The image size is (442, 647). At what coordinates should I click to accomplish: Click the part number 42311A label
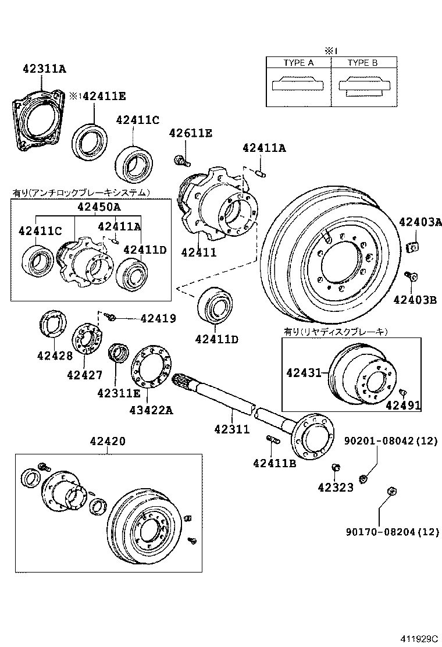(x=45, y=69)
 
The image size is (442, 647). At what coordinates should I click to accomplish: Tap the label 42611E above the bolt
(x=190, y=133)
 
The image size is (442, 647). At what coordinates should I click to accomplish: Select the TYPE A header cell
(x=298, y=63)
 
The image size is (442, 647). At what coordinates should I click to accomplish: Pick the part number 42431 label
(x=304, y=372)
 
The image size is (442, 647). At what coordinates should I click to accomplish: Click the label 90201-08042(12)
(x=390, y=441)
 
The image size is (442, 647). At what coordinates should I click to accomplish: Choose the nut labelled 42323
(x=336, y=468)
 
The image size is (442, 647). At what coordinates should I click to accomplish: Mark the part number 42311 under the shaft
(x=231, y=429)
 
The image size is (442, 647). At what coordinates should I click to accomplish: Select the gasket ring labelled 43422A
(x=148, y=367)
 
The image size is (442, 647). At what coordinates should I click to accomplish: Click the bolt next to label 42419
(x=111, y=317)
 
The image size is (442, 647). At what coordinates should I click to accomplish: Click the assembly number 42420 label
(x=108, y=441)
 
